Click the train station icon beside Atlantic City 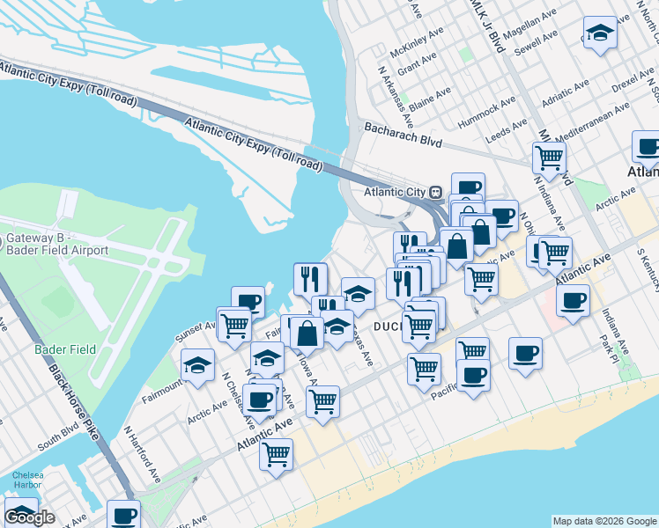point(435,192)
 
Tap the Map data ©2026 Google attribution point(604,521)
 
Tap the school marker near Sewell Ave point(600,33)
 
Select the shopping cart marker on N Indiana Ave point(550,158)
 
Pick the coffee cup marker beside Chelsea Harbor point(123,515)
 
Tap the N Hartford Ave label point(141,455)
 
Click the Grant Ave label point(417,64)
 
